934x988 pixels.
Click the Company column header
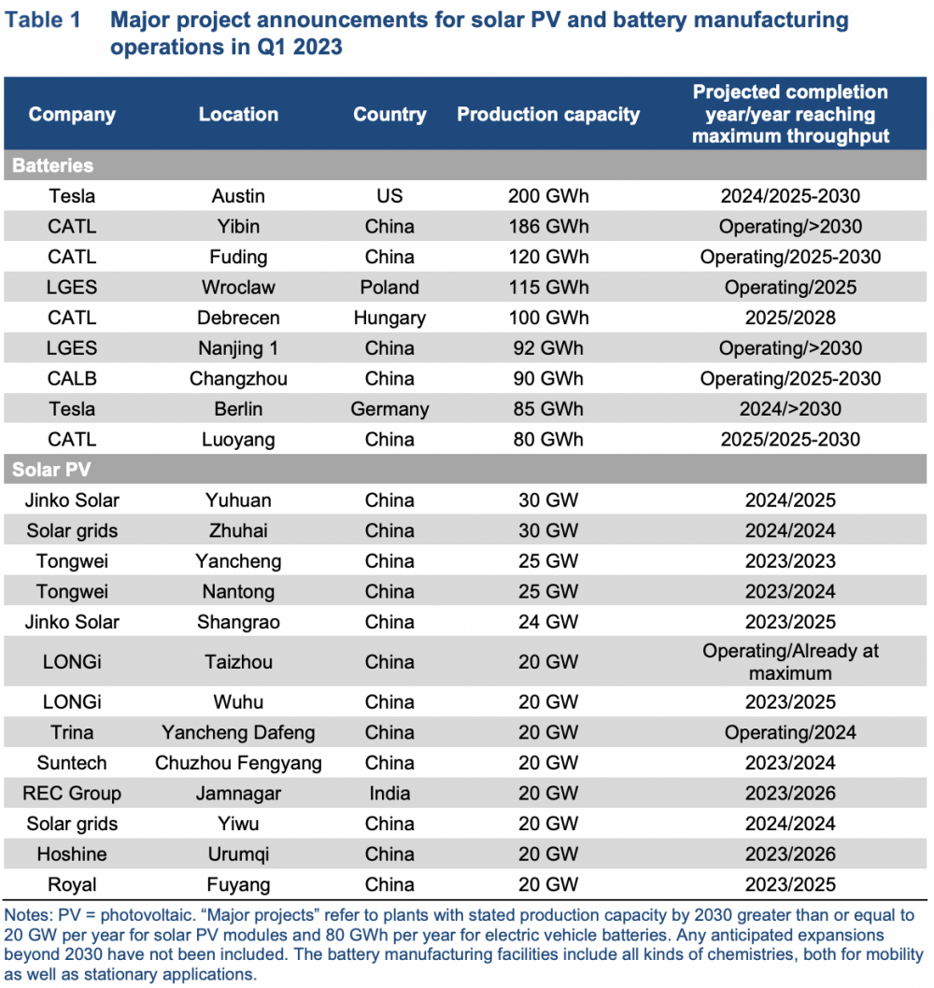[72, 115]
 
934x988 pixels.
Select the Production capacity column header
[548, 115]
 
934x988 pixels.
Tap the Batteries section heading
[53, 165]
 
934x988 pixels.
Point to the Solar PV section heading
[51, 470]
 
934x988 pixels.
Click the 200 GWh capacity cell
[548, 196]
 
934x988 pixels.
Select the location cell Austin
[238, 196]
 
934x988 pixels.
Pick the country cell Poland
[389, 288]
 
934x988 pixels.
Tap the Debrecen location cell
[238, 318]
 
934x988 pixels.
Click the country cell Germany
[389, 409]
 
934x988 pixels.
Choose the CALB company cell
[72, 378]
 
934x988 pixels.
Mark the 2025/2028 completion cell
[790, 318]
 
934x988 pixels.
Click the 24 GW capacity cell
[548, 622]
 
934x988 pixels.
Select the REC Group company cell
[72, 793]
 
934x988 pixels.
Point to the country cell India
[389, 793]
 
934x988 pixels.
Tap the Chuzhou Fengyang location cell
[238, 763]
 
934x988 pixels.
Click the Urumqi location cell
[238, 854]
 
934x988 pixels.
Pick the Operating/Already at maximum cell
[790, 661]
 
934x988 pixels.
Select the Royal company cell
[72, 884]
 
